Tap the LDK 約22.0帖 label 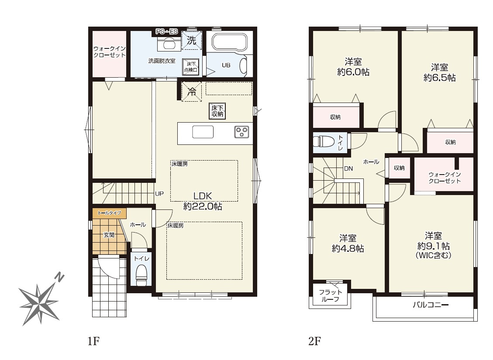pos(203,201)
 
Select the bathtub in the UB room pos(230,42)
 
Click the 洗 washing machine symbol pos(191,40)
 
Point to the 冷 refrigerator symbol pos(191,92)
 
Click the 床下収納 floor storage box pos(217,111)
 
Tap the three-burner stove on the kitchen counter pos(241,132)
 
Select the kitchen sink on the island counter pos(203,132)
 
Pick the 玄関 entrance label pos(109,235)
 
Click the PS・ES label pos(167,31)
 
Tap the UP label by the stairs pos(159,194)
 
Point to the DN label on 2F pos(348,168)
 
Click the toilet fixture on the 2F pos(324,141)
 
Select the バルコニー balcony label pos(431,305)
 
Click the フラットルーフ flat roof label pos(330,295)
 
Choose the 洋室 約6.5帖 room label pos(439,72)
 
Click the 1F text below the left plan pos(94,341)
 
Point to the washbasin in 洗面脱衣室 pos(169,44)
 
